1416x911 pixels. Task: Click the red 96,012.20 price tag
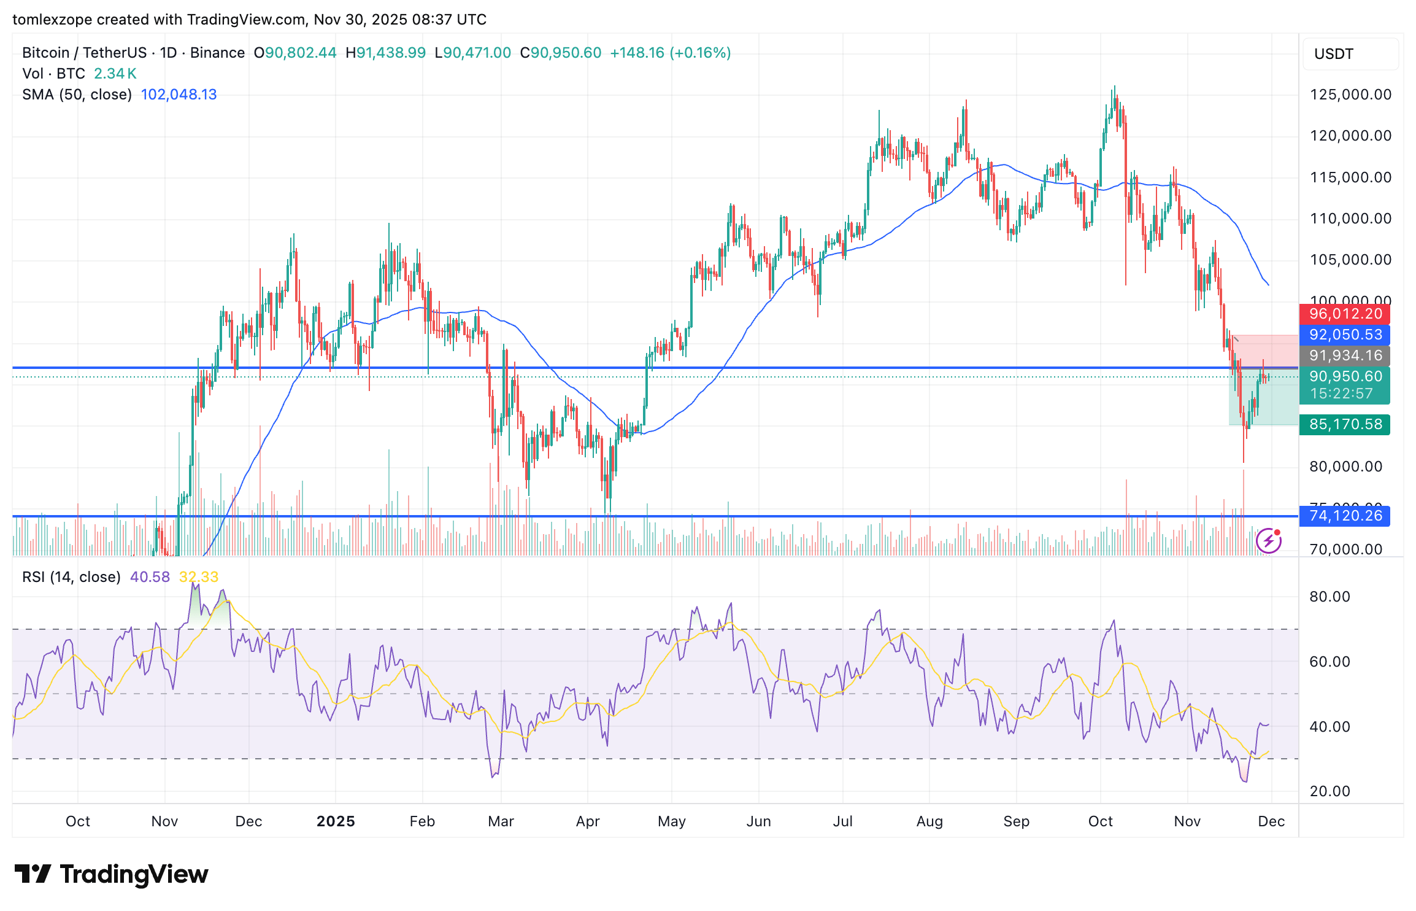1345,314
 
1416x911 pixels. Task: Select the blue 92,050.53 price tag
1345,335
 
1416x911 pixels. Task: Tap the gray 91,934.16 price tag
1345,355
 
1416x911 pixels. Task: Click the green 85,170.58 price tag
1345,424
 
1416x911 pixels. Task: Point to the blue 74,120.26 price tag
1345,516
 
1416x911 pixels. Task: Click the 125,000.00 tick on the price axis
1350,95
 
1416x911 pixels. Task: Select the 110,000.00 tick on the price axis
1350,219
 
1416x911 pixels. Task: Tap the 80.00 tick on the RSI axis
1329,597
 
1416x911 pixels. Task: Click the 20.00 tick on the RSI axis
1329,791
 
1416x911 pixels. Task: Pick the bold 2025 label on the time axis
336,821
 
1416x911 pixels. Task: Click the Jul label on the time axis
842,821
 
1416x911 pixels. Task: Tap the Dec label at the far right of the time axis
1271,821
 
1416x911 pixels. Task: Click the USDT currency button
1334,54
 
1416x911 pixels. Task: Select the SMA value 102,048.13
179,95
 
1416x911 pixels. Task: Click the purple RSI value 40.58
150,577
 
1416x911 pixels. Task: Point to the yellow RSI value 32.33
198,577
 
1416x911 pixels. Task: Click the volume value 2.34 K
115,74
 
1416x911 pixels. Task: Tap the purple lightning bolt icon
1268,541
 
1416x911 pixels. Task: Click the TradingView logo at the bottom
111,874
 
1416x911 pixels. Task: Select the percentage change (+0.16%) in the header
700,53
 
